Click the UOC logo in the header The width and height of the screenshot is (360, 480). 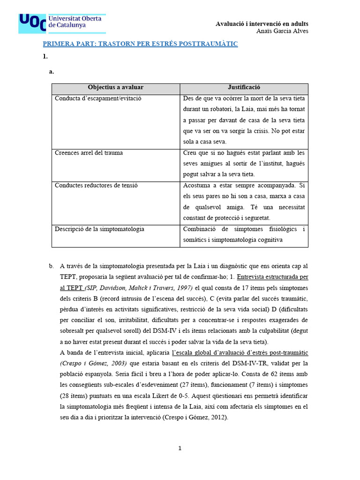61,23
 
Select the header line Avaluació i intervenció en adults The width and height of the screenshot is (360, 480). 262,23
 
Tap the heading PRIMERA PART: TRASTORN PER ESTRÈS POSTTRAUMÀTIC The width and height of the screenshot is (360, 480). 141,44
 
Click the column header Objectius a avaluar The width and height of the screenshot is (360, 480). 115,88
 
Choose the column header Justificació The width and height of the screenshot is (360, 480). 244,88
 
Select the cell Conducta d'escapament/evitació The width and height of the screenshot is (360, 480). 98,98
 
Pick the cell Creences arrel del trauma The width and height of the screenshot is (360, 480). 89,153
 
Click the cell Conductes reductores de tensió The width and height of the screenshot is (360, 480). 96,185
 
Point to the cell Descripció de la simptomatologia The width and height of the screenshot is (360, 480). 99,229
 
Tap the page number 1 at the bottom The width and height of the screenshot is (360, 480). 180,449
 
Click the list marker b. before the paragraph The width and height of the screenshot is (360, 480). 51,266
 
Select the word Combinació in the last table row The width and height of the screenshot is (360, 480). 200,229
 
